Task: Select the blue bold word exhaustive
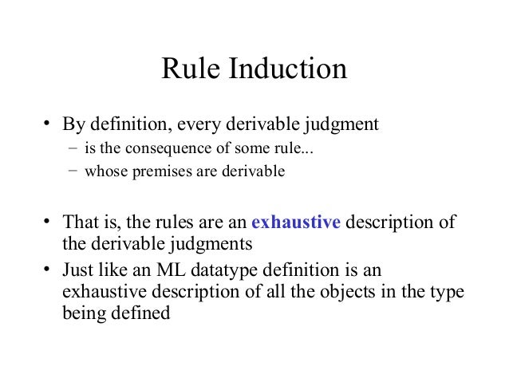click(296, 223)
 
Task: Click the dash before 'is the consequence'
click(73, 149)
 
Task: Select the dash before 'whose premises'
click(73, 170)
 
